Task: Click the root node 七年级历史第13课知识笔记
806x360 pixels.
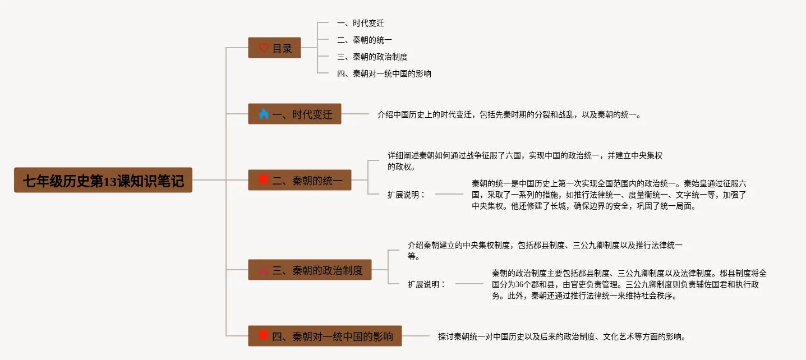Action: tap(103, 181)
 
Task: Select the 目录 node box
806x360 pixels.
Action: tap(274, 48)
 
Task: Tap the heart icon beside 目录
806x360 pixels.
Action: tap(264, 48)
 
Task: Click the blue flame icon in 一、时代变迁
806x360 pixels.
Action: tap(264, 114)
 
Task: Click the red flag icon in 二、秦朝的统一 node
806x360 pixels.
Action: tap(264, 180)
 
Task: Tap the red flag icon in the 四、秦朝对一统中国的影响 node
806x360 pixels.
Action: tap(264, 336)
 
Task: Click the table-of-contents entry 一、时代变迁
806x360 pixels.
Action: tap(360, 24)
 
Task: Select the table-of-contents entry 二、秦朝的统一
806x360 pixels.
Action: tap(364, 40)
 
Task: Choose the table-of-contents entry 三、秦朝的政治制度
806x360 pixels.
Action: tap(372, 57)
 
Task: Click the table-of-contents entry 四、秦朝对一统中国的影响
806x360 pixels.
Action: tap(384, 74)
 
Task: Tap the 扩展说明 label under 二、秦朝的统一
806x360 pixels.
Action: tap(406, 195)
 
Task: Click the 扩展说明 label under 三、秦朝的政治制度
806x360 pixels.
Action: tap(426, 284)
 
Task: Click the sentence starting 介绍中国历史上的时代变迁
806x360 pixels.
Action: tap(510, 115)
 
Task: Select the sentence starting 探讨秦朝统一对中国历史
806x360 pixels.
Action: tap(562, 337)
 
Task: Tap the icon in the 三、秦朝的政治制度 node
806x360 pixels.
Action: tap(264, 270)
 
